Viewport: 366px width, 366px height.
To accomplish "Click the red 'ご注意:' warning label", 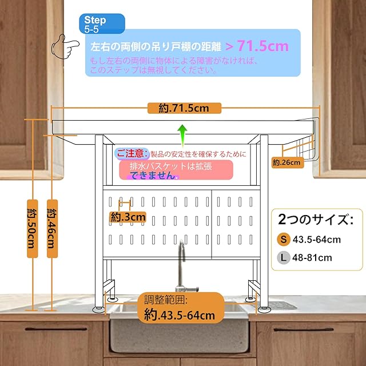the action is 132,154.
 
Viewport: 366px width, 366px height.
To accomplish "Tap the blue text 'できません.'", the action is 154,176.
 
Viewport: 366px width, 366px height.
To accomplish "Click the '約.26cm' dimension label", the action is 287,162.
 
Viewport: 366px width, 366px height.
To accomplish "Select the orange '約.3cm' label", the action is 128,217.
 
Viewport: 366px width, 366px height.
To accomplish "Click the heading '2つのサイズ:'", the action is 316,220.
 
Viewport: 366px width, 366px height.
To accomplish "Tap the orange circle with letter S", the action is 284,240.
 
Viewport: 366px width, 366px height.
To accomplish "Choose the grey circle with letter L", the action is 284,258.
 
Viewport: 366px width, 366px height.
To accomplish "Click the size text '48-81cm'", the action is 312,258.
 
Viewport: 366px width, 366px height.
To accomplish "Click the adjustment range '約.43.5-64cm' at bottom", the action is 179,315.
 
